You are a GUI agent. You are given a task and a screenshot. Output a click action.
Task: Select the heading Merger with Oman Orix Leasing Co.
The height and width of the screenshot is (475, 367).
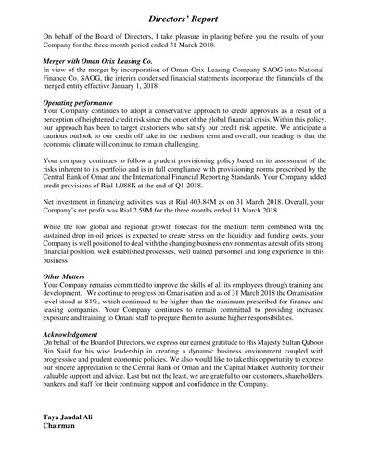(x=97, y=59)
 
